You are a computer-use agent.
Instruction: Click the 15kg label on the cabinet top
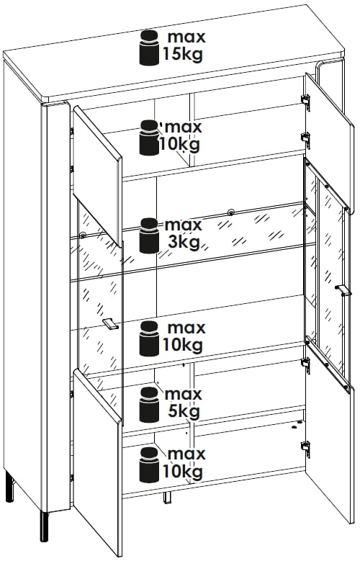183,55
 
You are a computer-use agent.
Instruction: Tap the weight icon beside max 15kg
149,48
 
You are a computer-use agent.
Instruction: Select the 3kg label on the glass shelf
184,243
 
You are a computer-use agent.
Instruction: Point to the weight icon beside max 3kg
149,235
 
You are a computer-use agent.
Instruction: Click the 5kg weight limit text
184,412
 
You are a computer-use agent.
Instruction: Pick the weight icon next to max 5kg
149,404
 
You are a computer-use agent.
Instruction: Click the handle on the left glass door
111,323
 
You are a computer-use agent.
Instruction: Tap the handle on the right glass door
343,290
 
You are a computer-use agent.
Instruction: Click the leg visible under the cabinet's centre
168,498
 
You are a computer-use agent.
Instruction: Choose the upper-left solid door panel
98,176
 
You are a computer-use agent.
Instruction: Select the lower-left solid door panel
98,461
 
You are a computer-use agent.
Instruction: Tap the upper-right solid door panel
329,143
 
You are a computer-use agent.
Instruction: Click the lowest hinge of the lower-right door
305,447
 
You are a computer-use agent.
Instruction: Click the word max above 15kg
186,37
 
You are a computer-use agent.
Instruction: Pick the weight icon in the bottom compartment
149,464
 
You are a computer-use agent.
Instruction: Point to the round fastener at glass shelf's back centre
230,212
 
